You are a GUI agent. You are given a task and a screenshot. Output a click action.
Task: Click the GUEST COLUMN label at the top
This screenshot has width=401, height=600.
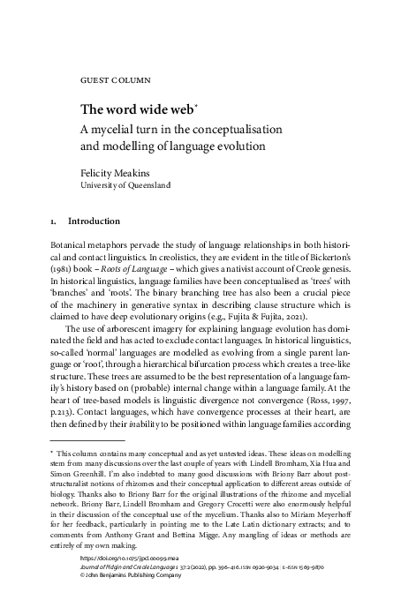tap(115, 79)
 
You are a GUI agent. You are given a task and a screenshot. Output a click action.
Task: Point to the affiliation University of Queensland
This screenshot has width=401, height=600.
tap(132, 186)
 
